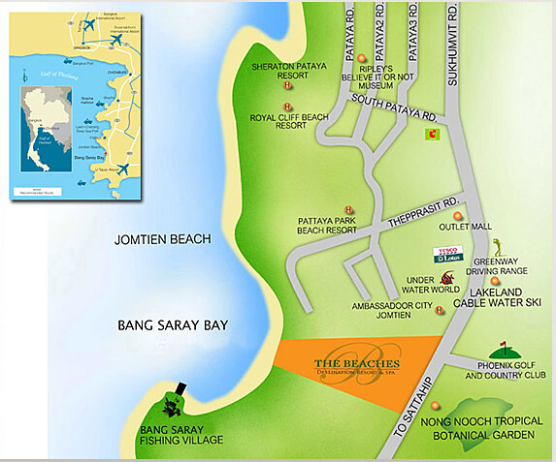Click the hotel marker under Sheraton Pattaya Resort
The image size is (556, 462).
[x=287, y=108]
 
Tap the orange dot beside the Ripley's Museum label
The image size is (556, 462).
[x=362, y=58]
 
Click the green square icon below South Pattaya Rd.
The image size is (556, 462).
[x=432, y=136]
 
